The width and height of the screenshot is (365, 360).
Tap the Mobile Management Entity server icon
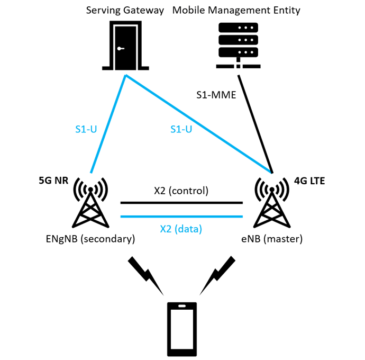[238, 46]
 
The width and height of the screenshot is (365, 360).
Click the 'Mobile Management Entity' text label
[236, 10]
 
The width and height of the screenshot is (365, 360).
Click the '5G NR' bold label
[53, 181]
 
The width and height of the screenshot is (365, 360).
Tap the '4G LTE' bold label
[309, 181]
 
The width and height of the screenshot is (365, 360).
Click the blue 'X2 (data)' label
[181, 229]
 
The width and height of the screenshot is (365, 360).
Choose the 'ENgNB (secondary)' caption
[90, 239]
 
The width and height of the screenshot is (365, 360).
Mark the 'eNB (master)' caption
[272, 239]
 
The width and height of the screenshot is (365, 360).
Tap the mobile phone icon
[182, 329]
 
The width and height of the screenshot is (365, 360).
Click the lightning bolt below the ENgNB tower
[147, 275]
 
